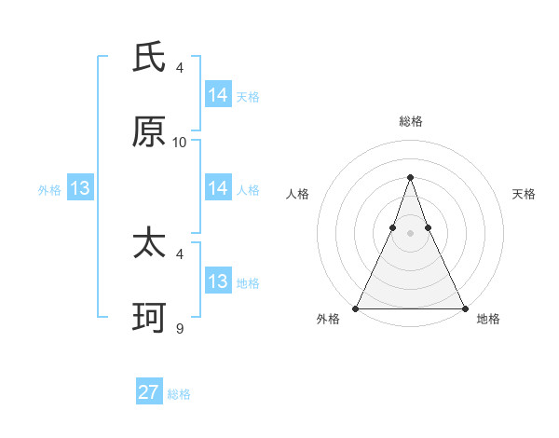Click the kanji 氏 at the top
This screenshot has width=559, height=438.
149,58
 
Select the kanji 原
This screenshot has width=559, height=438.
149,132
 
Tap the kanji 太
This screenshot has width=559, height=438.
149,244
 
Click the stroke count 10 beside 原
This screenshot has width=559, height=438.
180,143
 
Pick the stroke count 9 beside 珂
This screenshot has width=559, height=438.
180,328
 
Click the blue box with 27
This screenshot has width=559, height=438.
148,392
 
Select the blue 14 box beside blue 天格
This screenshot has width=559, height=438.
217,95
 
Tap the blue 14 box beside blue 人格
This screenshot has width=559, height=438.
217,188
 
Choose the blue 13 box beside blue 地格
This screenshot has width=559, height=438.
217,281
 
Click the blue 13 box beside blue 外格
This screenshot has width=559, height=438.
79,188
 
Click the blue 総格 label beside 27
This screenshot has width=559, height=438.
179,394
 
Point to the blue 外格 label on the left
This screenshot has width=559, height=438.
49,190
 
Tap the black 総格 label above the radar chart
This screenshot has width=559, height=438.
410,121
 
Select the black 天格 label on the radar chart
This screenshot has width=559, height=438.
524,194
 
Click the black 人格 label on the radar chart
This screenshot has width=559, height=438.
297,194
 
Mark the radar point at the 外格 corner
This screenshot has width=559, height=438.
356,308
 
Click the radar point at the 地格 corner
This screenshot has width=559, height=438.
464,308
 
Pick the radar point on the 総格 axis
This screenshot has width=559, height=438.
410,177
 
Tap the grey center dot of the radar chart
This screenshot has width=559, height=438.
410,233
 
